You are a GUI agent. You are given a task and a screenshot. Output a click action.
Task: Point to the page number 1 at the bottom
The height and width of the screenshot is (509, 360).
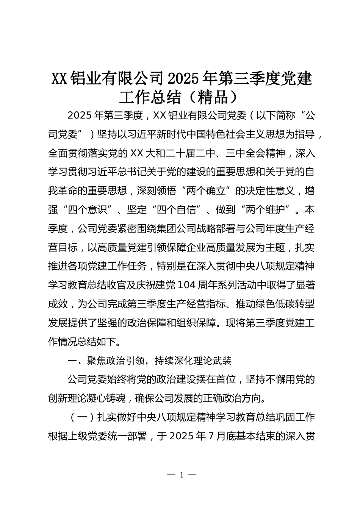[182, 475]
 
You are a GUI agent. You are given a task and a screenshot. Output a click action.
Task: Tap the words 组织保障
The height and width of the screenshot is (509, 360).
[196, 323]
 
